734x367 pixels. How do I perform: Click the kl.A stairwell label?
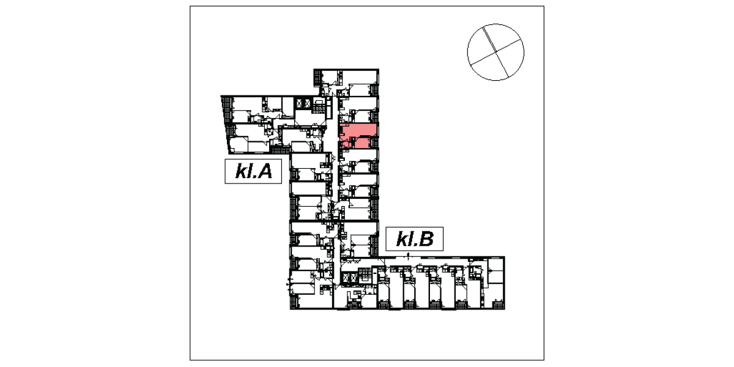click(253, 171)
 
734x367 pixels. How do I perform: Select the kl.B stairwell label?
click(415, 239)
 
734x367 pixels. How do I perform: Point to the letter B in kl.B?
click(426, 239)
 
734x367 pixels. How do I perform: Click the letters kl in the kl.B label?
click(402, 239)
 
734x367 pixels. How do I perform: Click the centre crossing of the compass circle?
click(495, 52)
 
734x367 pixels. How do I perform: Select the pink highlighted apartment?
click(359, 136)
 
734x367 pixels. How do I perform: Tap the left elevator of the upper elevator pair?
click(299, 103)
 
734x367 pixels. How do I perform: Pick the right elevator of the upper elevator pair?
click(307, 103)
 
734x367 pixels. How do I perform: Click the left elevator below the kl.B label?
click(345, 278)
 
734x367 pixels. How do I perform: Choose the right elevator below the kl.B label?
click(353, 278)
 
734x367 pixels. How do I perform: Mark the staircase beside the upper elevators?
click(318, 106)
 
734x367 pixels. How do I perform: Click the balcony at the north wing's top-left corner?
click(317, 78)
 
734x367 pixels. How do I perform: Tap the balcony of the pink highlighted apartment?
click(374, 143)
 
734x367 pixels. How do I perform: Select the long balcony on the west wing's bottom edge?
click(280, 150)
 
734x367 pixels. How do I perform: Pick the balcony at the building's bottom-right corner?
click(498, 305)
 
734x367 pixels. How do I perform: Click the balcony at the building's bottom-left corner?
click(294, 302)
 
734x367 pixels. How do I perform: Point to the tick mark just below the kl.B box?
click(408, 254)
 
